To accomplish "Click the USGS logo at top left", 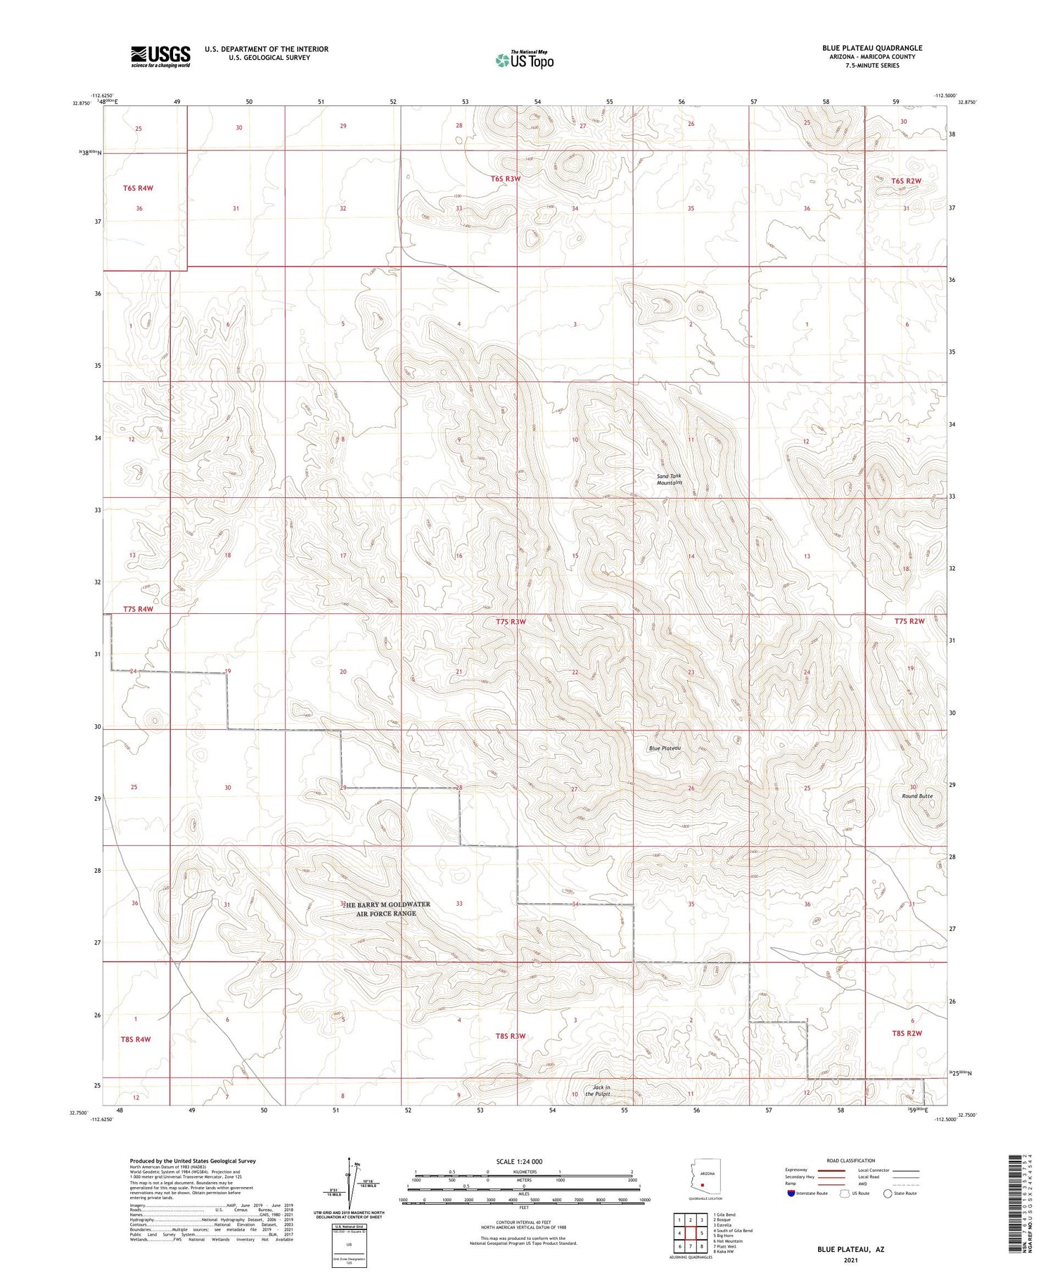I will (160, 56).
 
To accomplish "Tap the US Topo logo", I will (524, 60).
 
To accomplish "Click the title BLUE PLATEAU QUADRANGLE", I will (872, 48).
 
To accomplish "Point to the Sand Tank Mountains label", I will (669, 480).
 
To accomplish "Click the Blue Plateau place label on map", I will (665, 748).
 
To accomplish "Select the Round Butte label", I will (917, 796).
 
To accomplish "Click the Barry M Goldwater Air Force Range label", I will (386, 909).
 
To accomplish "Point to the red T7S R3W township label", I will (511, 622).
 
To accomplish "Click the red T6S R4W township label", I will (138, 188).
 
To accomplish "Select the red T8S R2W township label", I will (907, 1033).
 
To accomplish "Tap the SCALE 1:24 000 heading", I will (519, 1161).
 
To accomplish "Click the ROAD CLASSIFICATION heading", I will (851, 1160).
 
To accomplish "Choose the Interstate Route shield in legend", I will (791, 1193).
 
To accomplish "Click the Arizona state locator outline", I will (702, 1178).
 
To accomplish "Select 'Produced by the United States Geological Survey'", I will (193, 1161).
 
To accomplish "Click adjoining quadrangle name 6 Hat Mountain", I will (728, 1241).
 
